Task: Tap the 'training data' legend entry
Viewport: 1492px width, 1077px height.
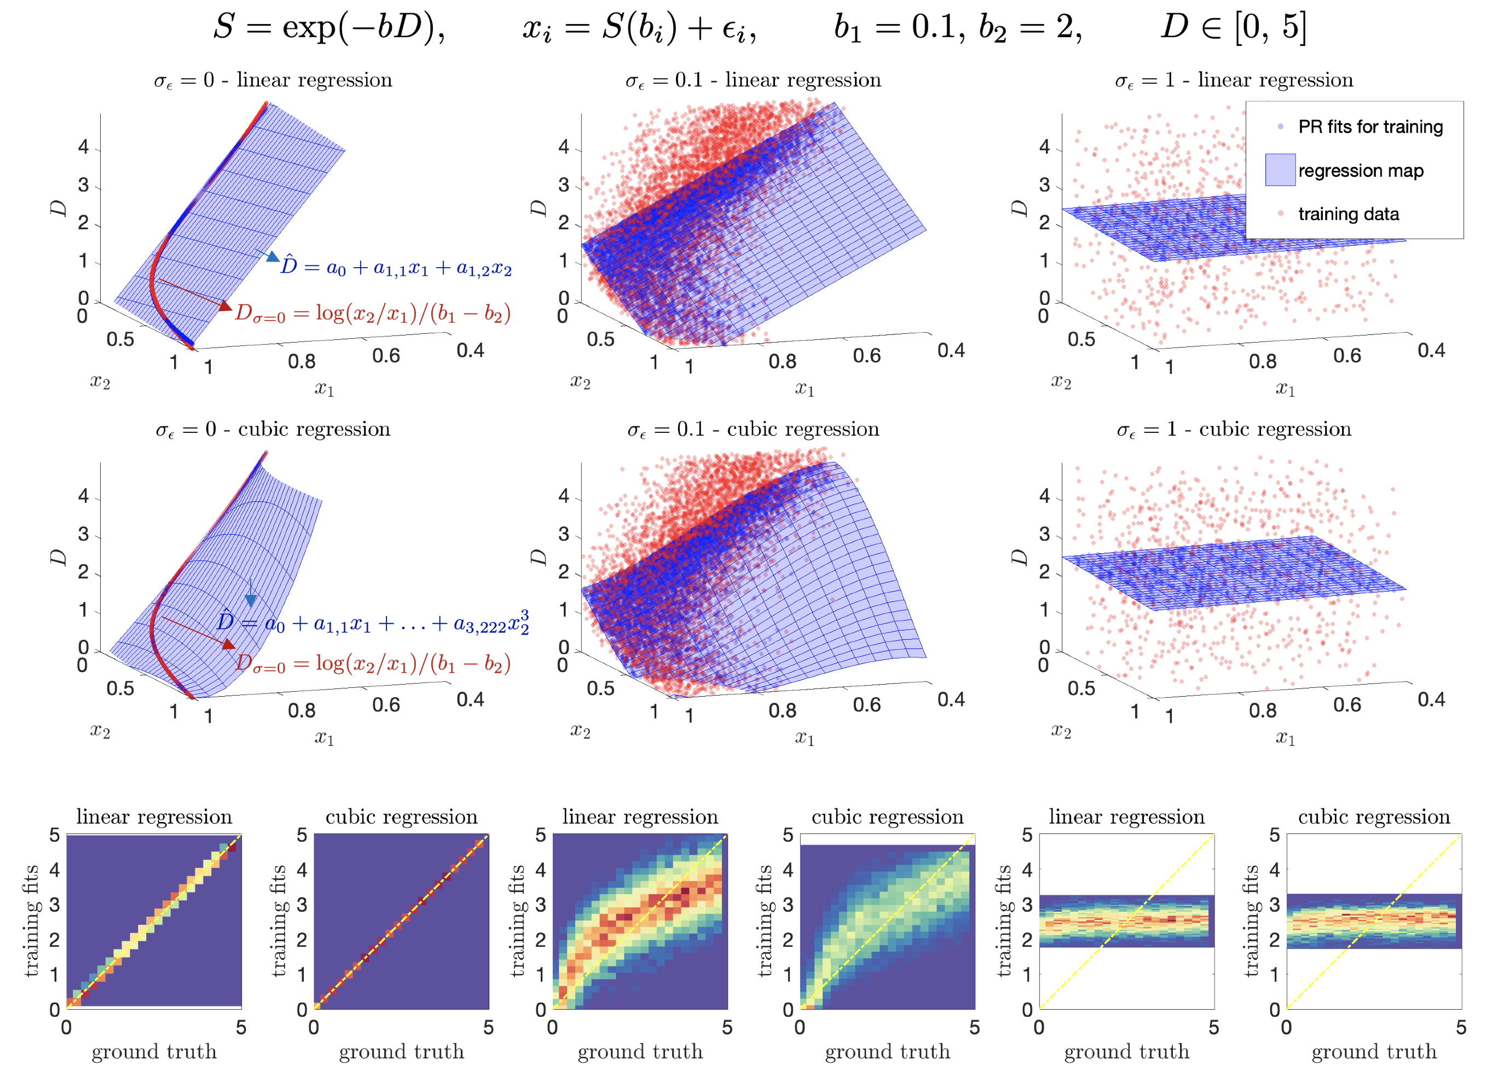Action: pyautogui.click(x=1348, y=214)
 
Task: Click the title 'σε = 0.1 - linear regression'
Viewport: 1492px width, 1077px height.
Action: pyautogui.click(x=753, y=80)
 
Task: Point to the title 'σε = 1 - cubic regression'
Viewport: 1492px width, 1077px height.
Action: pyautogui.click(x=1234, y=430)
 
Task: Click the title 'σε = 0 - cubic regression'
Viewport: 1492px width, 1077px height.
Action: pyautogui.click(x=273, y=430)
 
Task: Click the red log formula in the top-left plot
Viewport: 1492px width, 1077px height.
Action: pyautogui.click(x=372, y=313)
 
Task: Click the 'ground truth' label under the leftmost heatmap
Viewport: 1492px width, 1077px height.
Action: pyautogui.click(x=154, y=1051)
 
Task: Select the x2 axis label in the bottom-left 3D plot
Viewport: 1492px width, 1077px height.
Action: pyautogui.click(x=100, y=731)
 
